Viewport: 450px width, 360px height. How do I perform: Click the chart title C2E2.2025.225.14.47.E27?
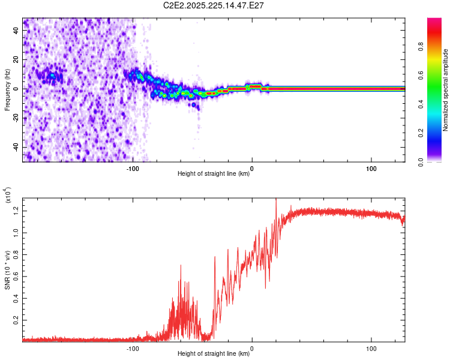point(213,5)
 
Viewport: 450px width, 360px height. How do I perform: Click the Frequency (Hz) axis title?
point(7,90)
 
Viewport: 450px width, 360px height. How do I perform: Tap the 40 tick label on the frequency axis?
point(16,31)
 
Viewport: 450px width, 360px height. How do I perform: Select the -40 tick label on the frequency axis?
point(16,148)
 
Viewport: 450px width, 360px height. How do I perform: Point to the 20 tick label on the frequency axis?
point(16,60)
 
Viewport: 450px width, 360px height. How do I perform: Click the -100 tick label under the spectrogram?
point(133,169)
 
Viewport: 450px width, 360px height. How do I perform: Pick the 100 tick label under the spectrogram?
point(371,169)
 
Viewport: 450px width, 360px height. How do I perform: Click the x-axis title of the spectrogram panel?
point(214,173)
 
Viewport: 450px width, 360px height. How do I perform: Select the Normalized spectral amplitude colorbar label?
point(445,90)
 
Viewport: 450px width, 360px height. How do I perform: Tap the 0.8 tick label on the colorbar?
point(421,46)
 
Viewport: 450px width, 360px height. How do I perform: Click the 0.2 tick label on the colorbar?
point(421,133)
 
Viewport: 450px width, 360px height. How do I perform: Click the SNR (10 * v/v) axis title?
point(7,270)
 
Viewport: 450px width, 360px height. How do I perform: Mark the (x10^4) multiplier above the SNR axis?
point(8,195)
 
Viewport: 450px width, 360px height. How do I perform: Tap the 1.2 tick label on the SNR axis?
point(16,211)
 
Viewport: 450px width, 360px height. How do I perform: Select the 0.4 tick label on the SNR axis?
point(16,298)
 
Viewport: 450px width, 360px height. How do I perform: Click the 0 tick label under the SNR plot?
point(252,349)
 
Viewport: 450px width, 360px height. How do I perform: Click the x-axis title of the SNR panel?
point(214,353)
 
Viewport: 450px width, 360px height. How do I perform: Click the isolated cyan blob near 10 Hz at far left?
point(52,76)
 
